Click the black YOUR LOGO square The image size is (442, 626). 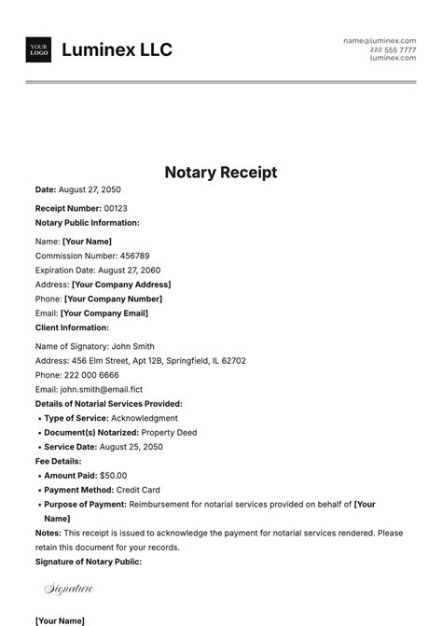pyautogui.click(x=39, y=50)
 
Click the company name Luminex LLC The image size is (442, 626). pyautogui.click(x=117, y=50)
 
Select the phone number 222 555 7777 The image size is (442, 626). pyautogui.click(x=393, y=49)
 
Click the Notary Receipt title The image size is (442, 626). pyautogui.click(x=221, y=173)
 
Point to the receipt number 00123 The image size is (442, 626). pyautogui.click(x=116, y=208)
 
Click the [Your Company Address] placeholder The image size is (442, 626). pyautogui.click(x=121, y=285)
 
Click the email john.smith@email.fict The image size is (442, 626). pyautogui.click(x=103, y=389)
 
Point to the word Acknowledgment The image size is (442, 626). pyautogui.click(x=146, y=418)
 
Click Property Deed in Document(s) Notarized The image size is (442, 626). pyautogui.click(x=170, y=433)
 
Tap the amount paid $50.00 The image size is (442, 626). pyautogui.click(x=112, y=476)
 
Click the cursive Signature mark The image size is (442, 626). pyautogui.click(x=69, y=589)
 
